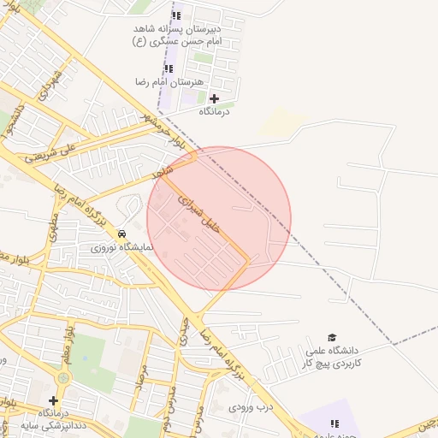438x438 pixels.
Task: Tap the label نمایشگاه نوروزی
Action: (123, 247)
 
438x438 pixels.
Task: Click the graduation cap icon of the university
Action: (332, 338)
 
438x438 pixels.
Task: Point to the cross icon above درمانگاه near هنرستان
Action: (214, 98)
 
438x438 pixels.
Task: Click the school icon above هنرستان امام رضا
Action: (169, 68)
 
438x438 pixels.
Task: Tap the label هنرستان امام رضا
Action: (167, 82)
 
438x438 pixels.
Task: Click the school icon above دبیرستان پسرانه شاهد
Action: (176, 15)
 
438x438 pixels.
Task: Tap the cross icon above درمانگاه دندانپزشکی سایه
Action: (53, 400)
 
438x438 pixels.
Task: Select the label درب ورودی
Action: (250, 407)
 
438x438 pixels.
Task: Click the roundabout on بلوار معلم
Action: (62, 377)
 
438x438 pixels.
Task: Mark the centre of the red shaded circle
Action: (219, 219)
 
